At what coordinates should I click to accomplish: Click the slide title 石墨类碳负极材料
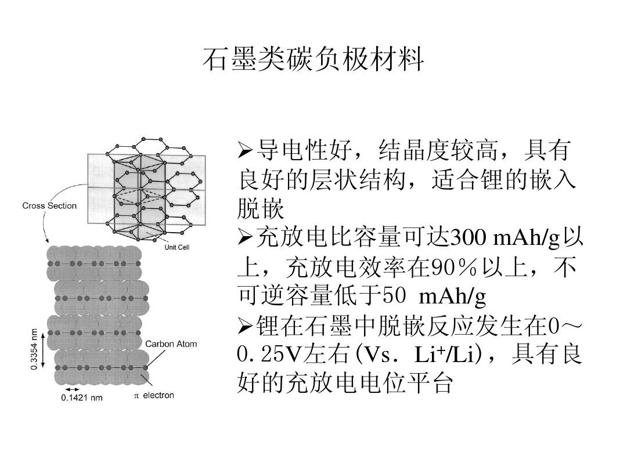pos(313,59)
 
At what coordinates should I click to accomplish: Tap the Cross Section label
pos(49,206)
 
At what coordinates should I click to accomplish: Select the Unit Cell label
pos(176,247)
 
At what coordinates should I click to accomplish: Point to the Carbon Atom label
pos(171,344)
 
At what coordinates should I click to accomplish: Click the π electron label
pos(154,395)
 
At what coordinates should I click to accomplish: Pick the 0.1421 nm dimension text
pos(82,397)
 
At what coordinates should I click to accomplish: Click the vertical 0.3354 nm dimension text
pos(34,349)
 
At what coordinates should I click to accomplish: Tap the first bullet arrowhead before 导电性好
pos(245,151)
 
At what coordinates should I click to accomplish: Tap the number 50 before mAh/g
pos(394,296)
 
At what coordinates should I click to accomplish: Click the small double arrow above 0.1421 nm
pos(73,389)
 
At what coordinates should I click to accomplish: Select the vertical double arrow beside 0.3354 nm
pos(43,349)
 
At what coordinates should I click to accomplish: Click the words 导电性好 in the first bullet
pos(305,151)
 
